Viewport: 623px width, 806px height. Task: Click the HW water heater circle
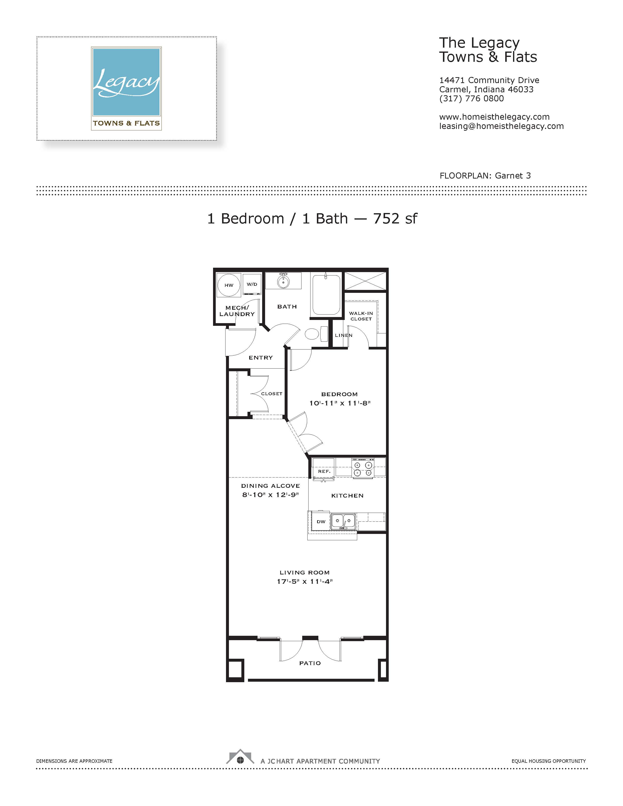229,285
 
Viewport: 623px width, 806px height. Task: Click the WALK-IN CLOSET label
361,316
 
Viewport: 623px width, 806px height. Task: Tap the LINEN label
344,335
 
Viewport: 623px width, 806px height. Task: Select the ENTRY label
261,358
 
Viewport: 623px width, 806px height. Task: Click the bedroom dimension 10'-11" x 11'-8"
340,403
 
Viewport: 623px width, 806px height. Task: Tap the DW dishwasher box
321,521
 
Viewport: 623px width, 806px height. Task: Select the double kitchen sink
343,521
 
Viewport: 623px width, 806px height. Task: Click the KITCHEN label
347,496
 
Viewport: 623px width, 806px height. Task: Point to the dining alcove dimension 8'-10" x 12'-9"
270,495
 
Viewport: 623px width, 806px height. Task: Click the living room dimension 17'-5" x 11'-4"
305,581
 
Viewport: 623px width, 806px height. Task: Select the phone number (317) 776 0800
471,98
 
